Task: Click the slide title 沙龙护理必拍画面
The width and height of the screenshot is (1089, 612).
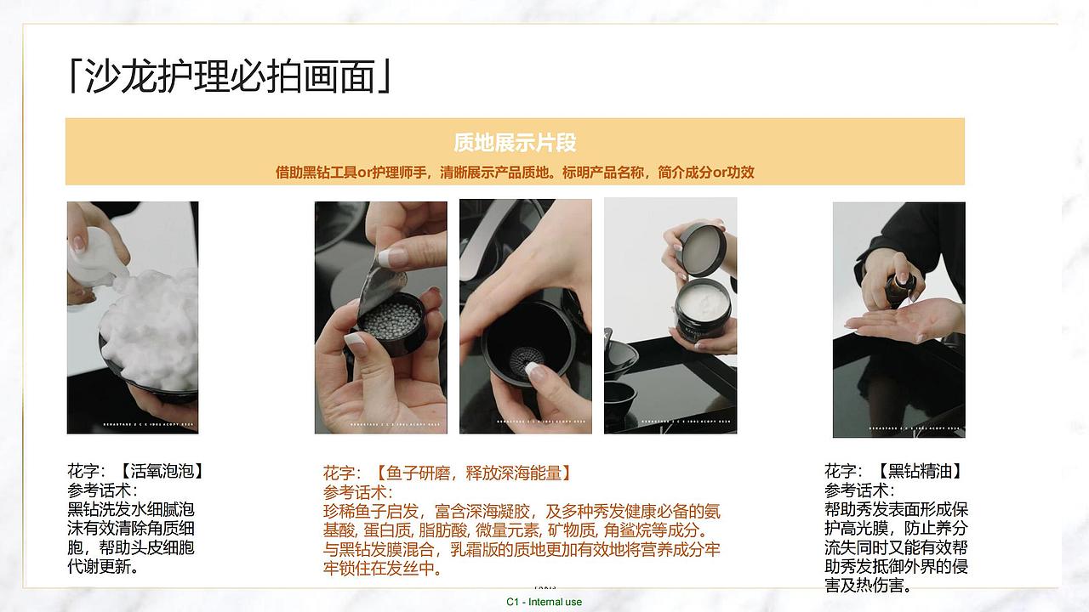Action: [230, 76]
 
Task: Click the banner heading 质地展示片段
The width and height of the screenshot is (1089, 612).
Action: [515, 142]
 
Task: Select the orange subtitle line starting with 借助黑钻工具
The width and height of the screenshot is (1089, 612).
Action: [515, 173]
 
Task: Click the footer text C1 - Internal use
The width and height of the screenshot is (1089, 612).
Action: [544, 602]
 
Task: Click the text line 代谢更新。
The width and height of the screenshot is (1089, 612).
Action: [103, 566]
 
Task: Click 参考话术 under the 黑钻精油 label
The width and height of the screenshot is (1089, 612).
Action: [859, 490]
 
